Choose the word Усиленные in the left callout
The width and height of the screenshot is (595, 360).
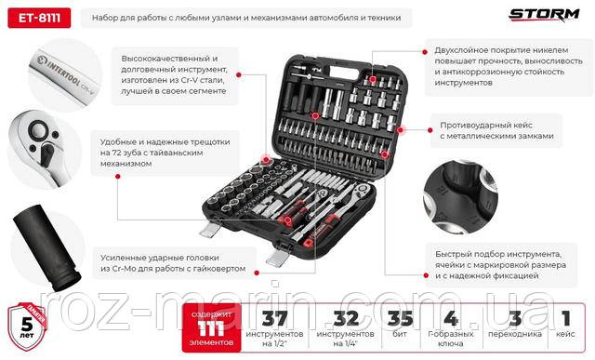coord(126,255)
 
